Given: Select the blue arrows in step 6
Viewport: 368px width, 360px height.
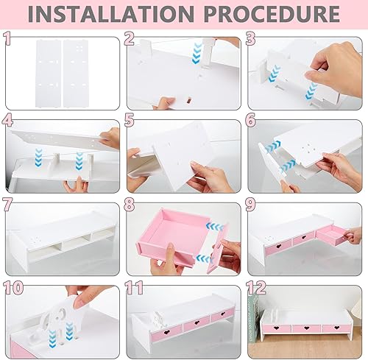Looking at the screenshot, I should tap(275, 147).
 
